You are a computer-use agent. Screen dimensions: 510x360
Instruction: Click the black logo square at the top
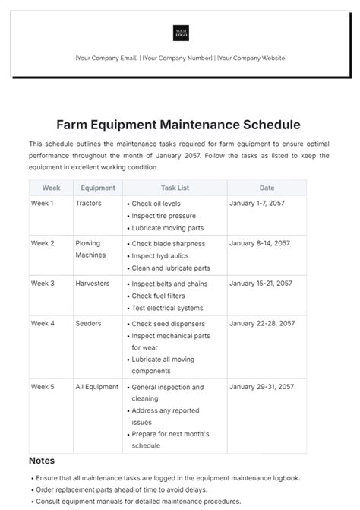181,33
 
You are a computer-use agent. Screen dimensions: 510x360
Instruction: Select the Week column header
51,188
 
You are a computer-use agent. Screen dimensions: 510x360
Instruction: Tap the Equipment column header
97,188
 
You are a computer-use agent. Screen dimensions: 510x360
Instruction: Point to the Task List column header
175,188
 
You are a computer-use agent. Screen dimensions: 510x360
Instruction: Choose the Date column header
267,188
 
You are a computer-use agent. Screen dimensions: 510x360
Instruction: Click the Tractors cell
88,204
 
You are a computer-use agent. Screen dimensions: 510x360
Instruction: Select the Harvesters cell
93,284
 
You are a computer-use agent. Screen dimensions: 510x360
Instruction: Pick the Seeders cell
88,323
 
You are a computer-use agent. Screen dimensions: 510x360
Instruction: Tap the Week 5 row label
43,387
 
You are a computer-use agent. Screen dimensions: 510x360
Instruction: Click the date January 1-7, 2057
257,204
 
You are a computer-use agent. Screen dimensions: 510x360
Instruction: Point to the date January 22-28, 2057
262,323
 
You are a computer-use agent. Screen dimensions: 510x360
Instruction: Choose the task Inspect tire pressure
163,216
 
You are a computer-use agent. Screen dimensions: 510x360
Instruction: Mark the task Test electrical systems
167,308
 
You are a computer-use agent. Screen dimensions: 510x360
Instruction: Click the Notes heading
42,461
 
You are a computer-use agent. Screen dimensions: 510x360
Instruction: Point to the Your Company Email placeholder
106,59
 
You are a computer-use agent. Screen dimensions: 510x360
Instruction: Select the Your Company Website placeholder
251,59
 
